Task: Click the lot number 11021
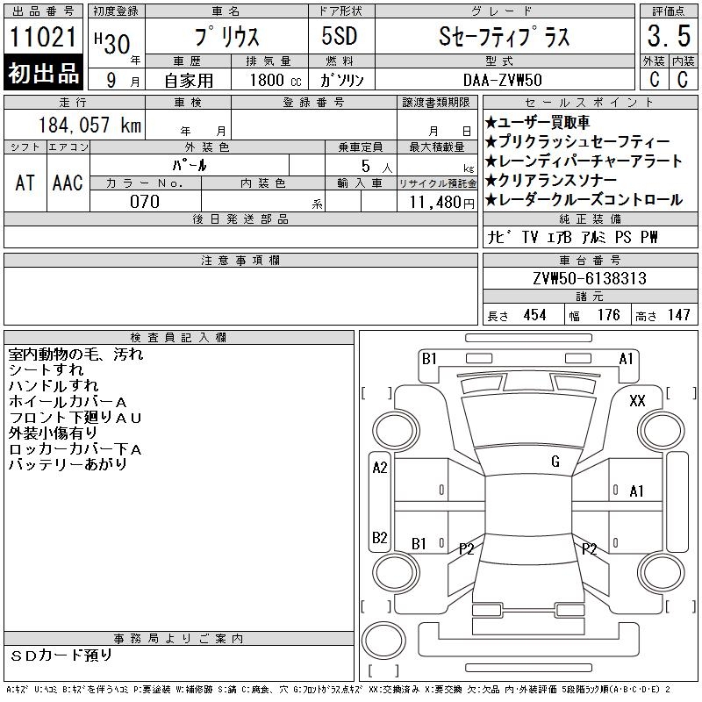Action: pos(43,38)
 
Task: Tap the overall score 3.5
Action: pos(667,38)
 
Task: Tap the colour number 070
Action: pos(145,202)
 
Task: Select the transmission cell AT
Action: pos(25,183)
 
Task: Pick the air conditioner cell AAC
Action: pos(67,183)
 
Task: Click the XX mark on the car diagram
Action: pos(637,401)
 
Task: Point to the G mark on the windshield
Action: pos(555,462)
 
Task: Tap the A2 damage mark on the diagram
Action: pos(380,468)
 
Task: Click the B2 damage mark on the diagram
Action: pos(380,538)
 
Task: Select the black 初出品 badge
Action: pos(43,74)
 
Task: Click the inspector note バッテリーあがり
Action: pos(68,465)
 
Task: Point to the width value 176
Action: pos(608,315)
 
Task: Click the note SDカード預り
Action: pos(61,655)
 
